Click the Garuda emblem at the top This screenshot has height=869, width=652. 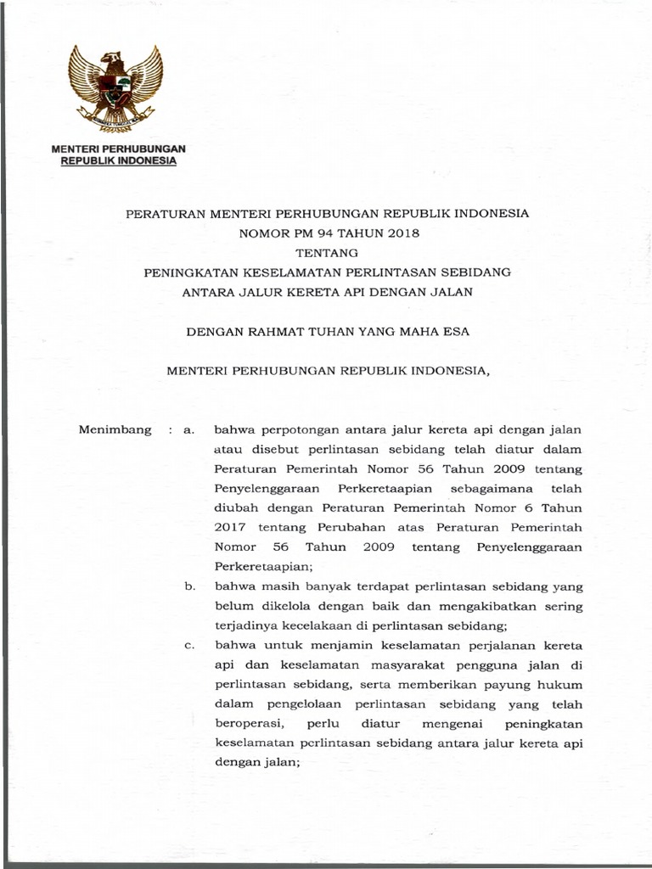click(115, 88)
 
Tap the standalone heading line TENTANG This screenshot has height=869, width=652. click(327, 252)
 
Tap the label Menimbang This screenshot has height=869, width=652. click(115, 429)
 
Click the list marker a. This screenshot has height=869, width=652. click(189, 430)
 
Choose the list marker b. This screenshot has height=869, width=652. click(189, 586)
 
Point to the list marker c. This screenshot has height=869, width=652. click(189, 646)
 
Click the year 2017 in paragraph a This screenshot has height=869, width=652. click(230, 528)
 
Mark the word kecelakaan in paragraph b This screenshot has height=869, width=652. click(314, 626)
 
